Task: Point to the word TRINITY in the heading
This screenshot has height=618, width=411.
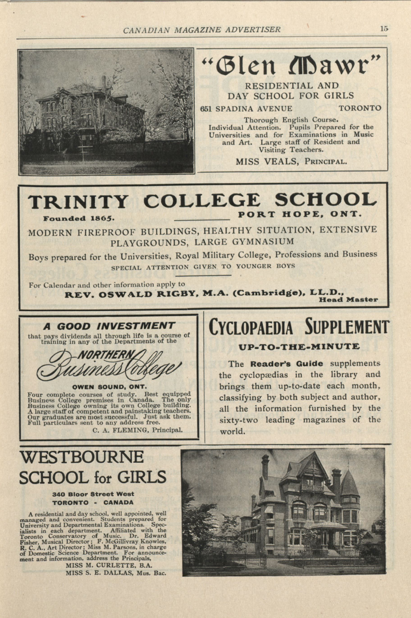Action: [x=78, y=202]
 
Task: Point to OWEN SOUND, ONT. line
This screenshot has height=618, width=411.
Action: [x=109, y=387]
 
